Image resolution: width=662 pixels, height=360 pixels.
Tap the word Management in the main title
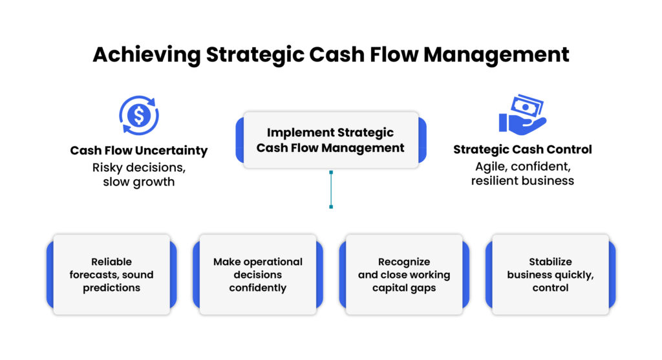tap(496, 54)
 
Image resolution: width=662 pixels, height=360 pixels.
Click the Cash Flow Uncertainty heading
tap(139, 151)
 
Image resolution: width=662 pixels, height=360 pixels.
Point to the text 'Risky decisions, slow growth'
tap(139, 174)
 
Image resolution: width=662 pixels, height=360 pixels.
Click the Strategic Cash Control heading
tap(522, 150)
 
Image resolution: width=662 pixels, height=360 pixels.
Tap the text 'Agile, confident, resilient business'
tap(522, 173)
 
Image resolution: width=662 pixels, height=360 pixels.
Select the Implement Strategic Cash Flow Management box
tap(330, 140)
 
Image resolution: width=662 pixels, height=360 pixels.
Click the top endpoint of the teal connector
tap(331, 173)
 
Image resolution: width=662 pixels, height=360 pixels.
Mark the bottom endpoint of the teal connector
tap(331, 207)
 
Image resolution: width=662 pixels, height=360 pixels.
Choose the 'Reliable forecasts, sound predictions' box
tap(111, 275)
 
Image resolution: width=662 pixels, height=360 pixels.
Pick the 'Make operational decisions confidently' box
tap(257, 275)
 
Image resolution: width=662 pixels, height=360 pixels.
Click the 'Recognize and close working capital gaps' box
tap(404, 275)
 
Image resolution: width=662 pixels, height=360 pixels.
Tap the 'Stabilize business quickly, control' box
tap(550, 275)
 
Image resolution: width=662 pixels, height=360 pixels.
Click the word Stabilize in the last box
tap(550, 262)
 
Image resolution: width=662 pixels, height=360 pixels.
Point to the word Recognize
tap(404, 262)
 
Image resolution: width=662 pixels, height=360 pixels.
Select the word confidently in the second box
tap(257, 288)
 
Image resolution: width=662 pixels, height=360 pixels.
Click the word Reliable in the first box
tap(111, 262)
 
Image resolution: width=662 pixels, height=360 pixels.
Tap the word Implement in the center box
tap(298, 132)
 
